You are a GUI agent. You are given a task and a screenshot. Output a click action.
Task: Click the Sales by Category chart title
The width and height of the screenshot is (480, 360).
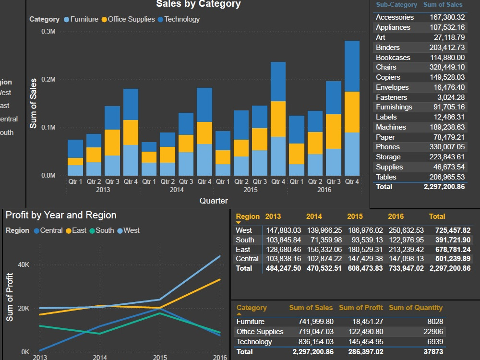(x=198, y=4)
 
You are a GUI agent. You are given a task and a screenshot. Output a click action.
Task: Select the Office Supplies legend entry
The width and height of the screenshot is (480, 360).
(x=131, y=20)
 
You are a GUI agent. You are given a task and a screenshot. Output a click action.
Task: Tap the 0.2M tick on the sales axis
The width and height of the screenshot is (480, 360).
(x=48, y=80)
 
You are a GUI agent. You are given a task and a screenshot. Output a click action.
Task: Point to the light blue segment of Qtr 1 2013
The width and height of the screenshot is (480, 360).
(x=75, y=170)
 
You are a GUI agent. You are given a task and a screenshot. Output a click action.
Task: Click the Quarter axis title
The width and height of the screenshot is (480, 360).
(x=214, y=201)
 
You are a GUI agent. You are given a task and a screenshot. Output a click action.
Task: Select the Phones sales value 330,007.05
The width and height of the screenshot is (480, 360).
(x=447, y=147)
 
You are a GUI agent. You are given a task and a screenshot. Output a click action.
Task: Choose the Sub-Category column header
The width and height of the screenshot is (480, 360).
(x=396, y=5)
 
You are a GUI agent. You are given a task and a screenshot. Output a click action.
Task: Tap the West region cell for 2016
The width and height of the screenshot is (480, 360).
(x=406, y=230)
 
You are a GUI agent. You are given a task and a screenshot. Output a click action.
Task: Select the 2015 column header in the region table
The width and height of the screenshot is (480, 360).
(x=355, y=216)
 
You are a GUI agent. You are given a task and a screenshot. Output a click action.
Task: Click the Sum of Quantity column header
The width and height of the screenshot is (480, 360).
(x=415, y=308)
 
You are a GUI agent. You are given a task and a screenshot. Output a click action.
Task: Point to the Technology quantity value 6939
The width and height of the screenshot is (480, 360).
(x=433, y=342)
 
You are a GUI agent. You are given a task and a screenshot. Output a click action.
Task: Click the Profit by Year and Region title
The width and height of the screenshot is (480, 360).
(x=61, y=216)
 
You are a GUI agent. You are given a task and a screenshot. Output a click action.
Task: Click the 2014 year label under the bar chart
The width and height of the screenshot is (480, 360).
(x=177, y=190)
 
